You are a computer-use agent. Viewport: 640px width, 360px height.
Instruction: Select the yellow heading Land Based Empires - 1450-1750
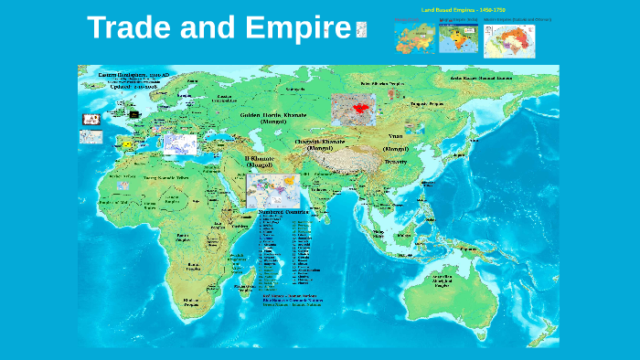click(463, 9)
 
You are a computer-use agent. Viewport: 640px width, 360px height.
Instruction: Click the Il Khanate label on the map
click(259, 162)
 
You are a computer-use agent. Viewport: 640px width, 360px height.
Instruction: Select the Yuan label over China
click(395, 134)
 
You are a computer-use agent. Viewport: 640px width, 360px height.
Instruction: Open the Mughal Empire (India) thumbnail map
click(458, 39)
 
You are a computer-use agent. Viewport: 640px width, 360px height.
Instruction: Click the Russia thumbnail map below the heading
click(414, 38)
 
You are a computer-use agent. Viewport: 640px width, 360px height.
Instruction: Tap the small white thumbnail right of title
click(360, 30)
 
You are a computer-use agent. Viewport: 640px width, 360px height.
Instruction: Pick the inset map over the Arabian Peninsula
click(272, 190)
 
